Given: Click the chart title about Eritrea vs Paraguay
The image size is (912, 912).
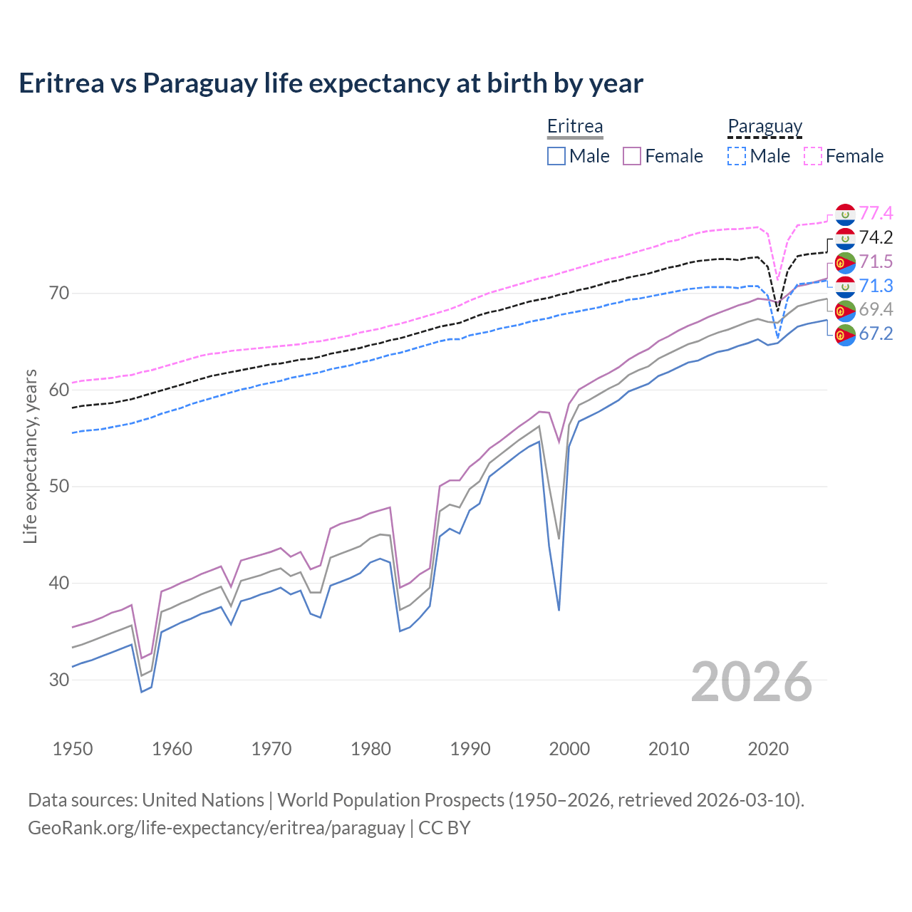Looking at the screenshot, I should click(x=331, y=83).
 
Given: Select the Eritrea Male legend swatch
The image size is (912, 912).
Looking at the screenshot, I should click(x=556, y=156).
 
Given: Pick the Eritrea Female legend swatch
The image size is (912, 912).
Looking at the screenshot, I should click(x=632, y=156).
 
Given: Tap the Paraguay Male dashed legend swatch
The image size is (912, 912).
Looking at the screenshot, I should click(x=737, y=156).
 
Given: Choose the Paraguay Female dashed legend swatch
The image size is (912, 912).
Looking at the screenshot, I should click(x=813, y=156).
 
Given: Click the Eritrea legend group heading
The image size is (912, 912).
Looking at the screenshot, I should click(x=574, y=126).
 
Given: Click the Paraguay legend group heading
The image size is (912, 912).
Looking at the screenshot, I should click(x=765, y=126).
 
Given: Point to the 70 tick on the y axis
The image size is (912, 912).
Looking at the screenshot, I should click(x=59, y=293).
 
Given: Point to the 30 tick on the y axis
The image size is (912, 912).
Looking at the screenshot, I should click(x=59, y=680).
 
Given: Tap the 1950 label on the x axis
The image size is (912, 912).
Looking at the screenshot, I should click(x=73, y=749).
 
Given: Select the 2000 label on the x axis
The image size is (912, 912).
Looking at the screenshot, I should click(x=569, y=749).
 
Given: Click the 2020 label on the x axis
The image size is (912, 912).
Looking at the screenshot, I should click(x=768, y=749).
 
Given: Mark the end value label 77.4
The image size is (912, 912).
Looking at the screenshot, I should click(x=876, y=213).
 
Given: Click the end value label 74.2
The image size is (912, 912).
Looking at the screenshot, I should click(x=876, y=237).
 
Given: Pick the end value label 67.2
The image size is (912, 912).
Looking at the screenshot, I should click(x=876, y=333).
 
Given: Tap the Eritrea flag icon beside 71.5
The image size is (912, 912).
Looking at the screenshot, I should click(x=845, y=262).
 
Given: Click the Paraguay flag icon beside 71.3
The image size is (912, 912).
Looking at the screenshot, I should click(x=845, y=286).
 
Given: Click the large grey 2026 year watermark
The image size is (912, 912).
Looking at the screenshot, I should click(x=751, y=682).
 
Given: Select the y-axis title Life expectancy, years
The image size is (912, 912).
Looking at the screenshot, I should click(x=30, y=456).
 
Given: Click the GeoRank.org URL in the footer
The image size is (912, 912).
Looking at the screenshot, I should click(x=216, y=828).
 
